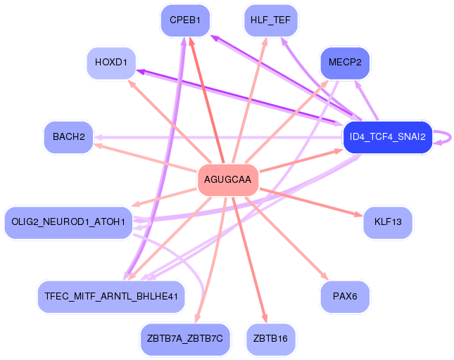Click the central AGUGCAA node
[227, 180]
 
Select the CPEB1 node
[185, 20]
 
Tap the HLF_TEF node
[270, 20]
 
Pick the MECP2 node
[345, 63]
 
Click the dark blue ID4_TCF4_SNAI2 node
[387, 137]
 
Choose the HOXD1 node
[111, 63]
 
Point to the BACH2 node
[68, 136]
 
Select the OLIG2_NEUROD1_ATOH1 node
[68, 222]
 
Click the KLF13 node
[388, 222]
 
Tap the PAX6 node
[345, 296]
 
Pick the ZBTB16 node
[270, 339]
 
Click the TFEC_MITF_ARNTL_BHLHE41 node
[111, 296]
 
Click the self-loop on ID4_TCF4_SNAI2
[443, 137]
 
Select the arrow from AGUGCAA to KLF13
[310, 201]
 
